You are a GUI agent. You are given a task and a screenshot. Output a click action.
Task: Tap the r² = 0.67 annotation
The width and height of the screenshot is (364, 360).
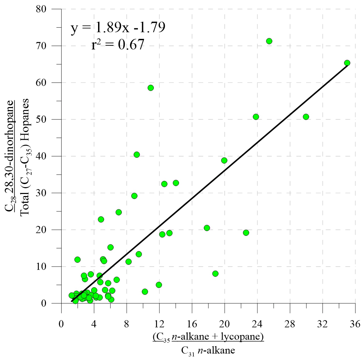(x=118, y=45)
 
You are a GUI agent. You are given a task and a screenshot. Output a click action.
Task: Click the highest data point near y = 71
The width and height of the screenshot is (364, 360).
(x=269, y=41)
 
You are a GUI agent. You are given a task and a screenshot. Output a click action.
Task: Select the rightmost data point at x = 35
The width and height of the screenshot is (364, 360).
(x=347, y=63)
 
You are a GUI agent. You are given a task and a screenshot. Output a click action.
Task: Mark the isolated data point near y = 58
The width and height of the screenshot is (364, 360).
(x=151, y=88)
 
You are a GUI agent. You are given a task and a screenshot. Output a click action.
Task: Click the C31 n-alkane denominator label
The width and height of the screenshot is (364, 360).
(x=208, y=350)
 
